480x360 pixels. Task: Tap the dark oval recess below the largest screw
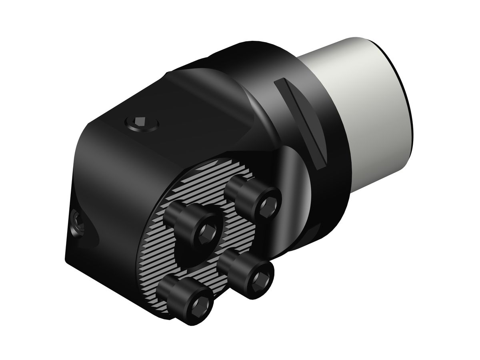tap(200, 256)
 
